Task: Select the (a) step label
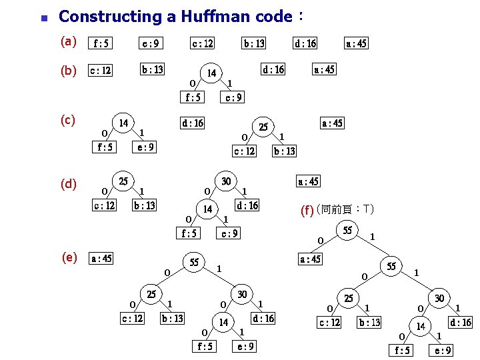point(68,42)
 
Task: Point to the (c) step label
point(68,120)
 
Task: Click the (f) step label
point(307,211)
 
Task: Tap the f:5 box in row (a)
point(102,44)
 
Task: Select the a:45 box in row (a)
point(356,44)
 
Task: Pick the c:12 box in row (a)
point(203,44)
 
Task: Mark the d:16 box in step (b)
point(273,69)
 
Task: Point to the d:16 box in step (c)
point(193,123)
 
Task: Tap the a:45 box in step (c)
point(332,123)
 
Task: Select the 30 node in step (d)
point(227,181)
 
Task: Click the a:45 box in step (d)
point(308,181)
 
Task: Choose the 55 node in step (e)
point(194,262)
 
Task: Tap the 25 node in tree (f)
point(349,297)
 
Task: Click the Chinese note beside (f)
point(346,210)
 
